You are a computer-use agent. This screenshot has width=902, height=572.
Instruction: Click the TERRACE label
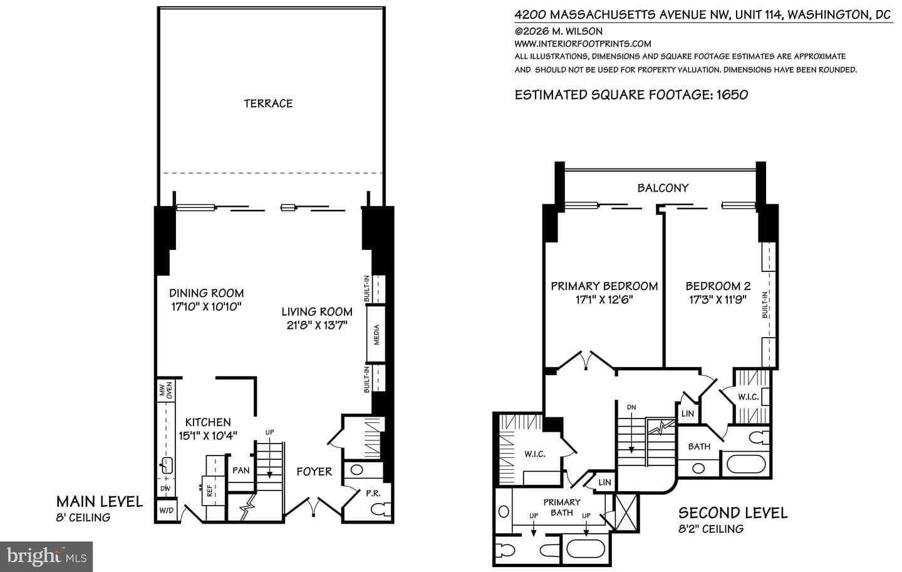pos(268,103)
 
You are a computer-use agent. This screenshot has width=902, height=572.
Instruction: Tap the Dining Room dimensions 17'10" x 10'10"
pos(206,307)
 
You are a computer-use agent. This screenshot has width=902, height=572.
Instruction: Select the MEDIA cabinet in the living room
pos(376,334)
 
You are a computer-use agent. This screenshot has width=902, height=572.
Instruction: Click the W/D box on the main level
pos(167,511)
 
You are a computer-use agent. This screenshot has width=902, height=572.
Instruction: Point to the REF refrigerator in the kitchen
pos(210,490)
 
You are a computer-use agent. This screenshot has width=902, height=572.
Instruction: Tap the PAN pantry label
pos(241,470)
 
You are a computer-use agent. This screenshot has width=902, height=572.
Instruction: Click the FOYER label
pos(314,472)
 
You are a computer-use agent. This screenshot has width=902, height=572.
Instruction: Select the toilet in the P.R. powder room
pos(380,509)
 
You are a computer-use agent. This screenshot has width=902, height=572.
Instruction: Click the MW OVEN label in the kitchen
pos(166,390)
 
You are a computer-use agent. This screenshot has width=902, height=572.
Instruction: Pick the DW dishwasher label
pos(165,489)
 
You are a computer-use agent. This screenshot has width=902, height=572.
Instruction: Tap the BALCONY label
pos(663,188)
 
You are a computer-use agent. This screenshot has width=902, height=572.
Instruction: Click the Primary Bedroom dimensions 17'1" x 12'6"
pos(604,300)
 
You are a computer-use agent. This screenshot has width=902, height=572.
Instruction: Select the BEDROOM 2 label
pos(718,286)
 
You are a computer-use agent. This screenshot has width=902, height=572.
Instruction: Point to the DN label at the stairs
pos(631,407)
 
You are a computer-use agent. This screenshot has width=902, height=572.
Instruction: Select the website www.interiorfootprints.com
pos(583,43)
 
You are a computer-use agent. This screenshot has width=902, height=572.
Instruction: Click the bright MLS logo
pos(46,557)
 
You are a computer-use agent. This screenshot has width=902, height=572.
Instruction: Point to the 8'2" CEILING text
pos(711,529)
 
